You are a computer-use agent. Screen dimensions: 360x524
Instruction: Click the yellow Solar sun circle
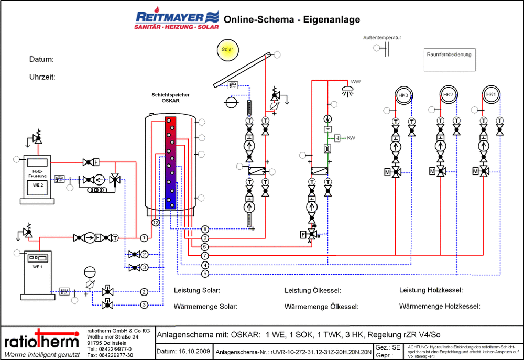227,50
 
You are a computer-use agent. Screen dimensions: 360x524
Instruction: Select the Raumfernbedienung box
450,59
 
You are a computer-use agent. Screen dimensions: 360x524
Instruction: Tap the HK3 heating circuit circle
403,95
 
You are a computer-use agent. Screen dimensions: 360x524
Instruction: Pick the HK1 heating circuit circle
491,95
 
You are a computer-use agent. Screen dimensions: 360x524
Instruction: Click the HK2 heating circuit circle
447,95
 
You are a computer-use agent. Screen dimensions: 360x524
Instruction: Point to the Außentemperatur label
382,38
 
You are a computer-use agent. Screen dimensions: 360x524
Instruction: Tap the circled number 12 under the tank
156,223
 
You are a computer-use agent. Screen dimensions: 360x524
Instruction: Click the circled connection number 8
205,230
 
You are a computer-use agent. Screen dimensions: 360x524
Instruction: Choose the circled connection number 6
205,274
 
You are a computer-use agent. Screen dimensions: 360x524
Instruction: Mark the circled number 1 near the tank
144,238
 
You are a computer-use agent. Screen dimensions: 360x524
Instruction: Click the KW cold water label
351,138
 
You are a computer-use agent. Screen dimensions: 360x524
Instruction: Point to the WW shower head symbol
346,89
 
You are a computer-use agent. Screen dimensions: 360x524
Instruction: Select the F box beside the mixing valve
303,234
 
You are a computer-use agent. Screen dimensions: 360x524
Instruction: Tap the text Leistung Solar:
197,290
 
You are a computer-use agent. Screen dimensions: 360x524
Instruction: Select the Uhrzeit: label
42,77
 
